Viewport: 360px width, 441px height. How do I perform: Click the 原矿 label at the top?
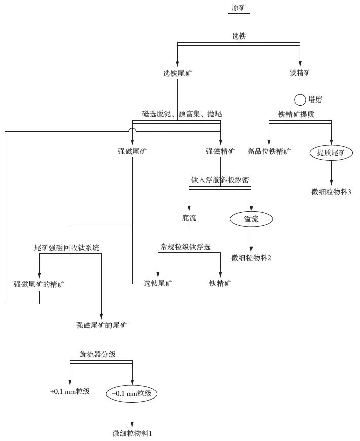238,8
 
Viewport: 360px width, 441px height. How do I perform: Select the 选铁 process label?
239,37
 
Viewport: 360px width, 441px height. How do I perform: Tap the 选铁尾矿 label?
177,73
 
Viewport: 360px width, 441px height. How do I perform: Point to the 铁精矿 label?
300,73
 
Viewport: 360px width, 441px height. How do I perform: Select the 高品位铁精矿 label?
269,151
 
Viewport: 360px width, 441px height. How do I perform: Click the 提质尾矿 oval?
331,152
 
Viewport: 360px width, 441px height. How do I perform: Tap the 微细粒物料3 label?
331,192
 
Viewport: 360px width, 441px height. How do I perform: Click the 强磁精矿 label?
221,151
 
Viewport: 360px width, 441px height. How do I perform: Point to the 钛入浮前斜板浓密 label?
220,180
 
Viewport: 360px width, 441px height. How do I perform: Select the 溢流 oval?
251,219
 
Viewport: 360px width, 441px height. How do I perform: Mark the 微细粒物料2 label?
251,258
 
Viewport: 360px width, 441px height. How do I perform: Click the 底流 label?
189,219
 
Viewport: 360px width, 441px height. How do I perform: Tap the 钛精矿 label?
221,283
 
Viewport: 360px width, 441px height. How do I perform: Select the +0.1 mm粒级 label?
70,392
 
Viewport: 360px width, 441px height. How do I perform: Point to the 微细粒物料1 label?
132,433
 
